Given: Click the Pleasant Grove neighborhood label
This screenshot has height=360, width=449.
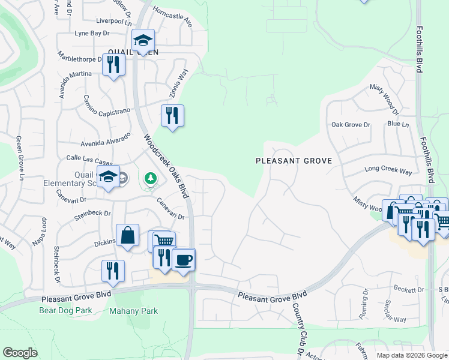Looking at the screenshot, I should (x=294, y=161).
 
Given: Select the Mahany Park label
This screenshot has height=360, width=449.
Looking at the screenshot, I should (x=133, y=310).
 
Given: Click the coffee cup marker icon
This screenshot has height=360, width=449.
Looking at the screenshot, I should (x=184, y=260).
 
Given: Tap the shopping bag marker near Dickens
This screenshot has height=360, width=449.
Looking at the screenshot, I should (x=128, y=236).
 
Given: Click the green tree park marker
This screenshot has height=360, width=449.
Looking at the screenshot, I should (x=150, y=178).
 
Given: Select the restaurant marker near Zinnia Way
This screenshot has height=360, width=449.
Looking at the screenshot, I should (x=172, y=116).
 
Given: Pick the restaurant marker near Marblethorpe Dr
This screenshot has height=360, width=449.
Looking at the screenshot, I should (x=113, y=65).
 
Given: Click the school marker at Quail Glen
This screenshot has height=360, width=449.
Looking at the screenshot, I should (x=143, y=41).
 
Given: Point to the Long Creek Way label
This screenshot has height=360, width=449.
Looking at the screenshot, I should (x=388, y=171).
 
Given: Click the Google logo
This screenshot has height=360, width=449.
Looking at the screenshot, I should (x=20, y=353).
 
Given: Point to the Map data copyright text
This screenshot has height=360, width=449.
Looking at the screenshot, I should (x=412, y=355).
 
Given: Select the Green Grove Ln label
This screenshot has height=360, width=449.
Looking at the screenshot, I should (x=20, y=158).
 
